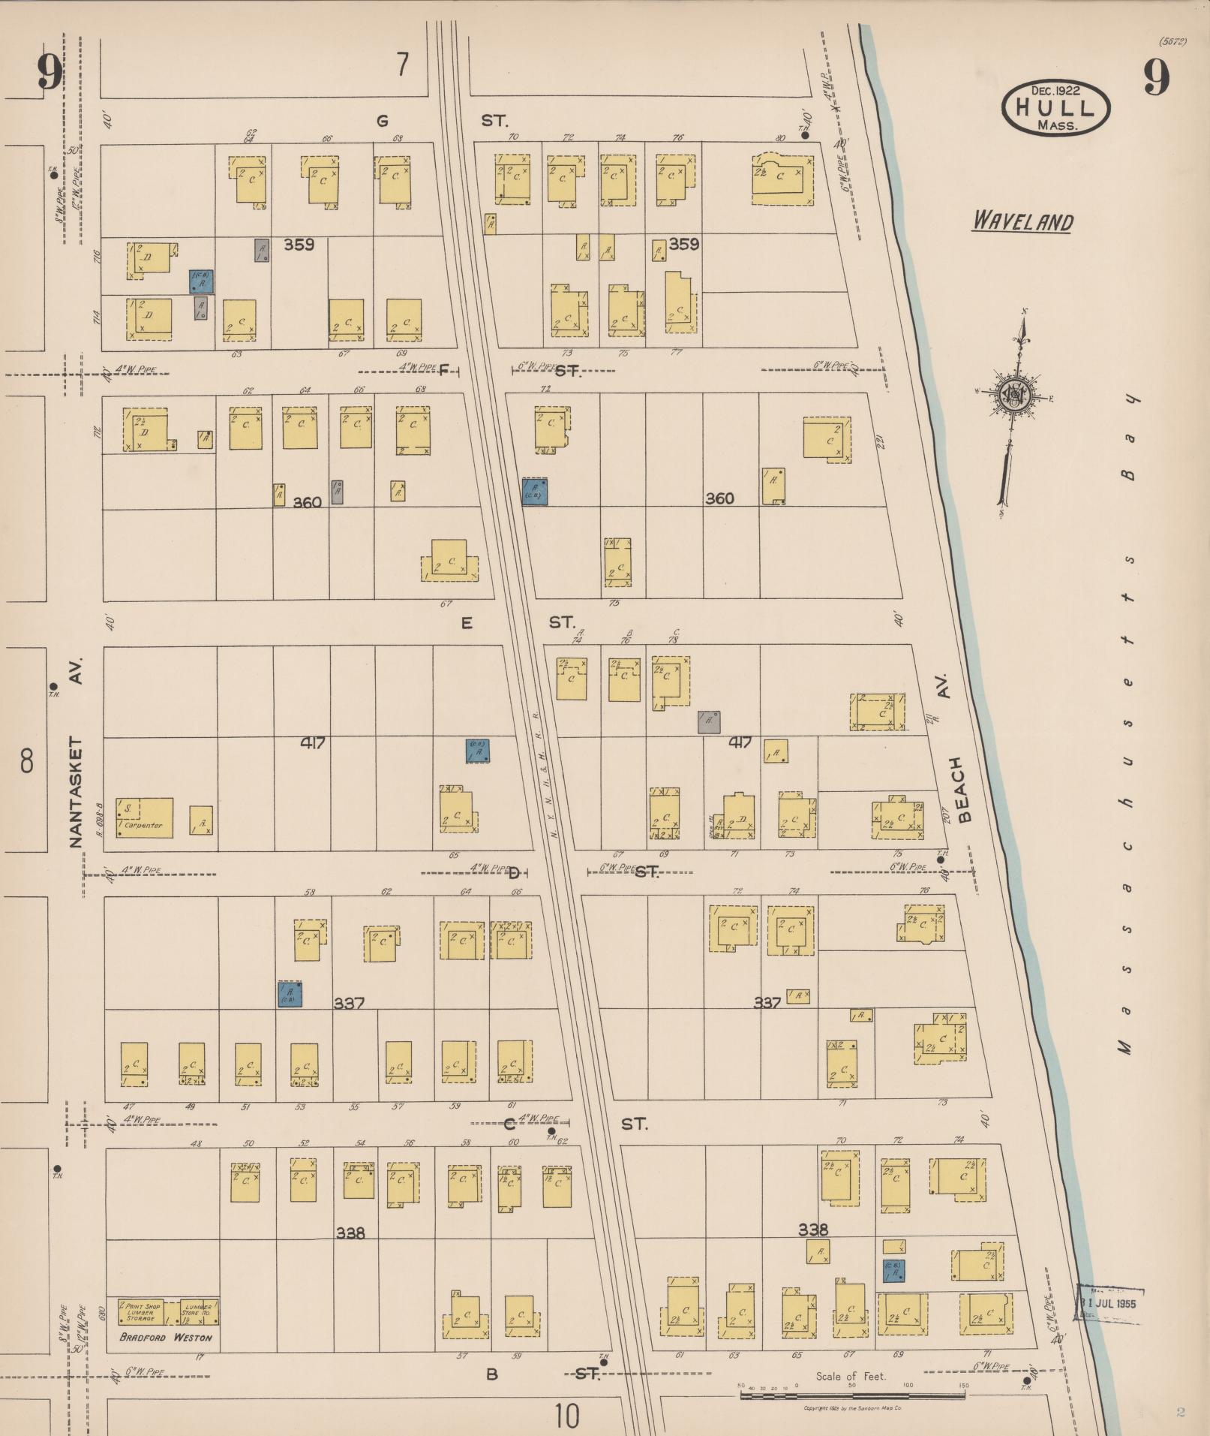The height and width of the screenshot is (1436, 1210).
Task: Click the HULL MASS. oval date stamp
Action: (x=1055, y=108)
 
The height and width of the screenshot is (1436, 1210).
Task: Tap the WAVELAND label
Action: (x=1022, y=221)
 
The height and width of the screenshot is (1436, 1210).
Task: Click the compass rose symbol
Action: (x=1014, y=393)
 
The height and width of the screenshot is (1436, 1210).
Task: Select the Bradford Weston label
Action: (x=166, y=1337)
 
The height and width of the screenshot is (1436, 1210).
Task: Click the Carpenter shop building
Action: (x=145, y=817)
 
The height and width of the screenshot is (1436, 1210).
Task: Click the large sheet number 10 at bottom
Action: (x=568, y=1417)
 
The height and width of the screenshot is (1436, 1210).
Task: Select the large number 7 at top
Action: (x=403, y=65)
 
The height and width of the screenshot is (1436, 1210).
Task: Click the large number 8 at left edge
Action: (x=27, y=760)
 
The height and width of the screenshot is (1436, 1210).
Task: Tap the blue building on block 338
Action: (x=893, y=1270)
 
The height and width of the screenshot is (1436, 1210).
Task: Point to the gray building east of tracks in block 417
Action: (x=709, y=722)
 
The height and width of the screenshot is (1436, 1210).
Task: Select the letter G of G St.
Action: (x=383, y=120)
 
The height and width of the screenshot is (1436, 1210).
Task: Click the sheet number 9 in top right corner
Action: (x=1156, y=77)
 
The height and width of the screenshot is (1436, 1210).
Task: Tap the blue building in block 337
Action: (x=290, y=994)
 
